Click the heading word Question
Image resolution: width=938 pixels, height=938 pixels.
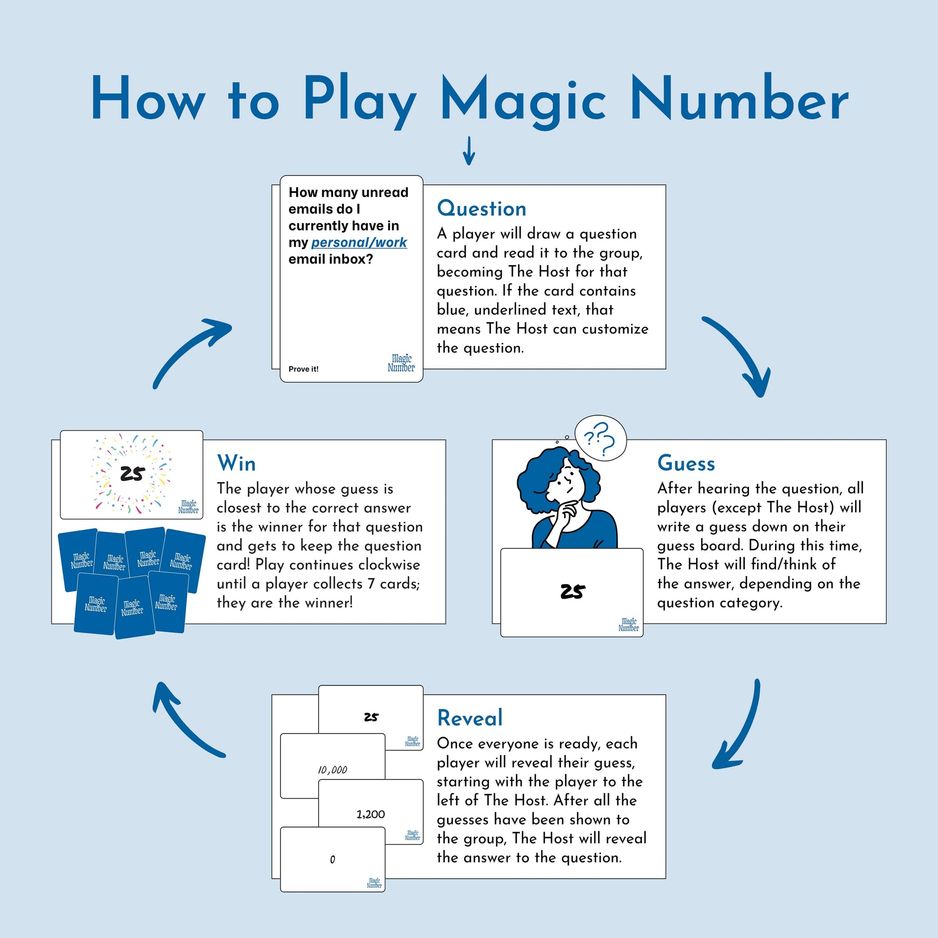tap(482, 209)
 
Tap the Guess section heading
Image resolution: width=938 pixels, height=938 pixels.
tap(686, 463)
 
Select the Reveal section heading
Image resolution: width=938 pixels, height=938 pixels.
tap(469, 718)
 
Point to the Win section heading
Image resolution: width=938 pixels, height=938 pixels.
tap(236, 463)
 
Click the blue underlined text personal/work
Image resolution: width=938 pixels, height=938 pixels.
tap(359, 242)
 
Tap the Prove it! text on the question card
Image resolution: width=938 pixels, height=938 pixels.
tap(304, 369)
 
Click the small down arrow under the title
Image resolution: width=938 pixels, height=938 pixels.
tap(469, 150)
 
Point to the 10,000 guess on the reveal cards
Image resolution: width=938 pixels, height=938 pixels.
tap(333, 770)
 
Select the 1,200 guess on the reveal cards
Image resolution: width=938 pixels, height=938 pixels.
tap(371, 814)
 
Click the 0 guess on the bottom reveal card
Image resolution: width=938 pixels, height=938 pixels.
tap(333, 859)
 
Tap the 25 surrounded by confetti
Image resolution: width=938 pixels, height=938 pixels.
tap(133, 473)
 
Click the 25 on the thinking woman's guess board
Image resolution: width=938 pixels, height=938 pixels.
tap(573, 591)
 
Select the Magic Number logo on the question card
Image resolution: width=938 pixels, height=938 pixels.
tap(401, 363)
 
